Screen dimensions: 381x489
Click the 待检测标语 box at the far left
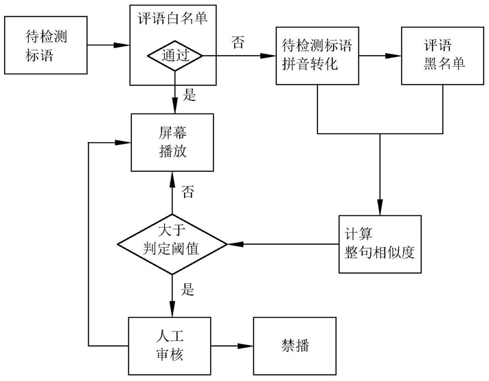[45, 46]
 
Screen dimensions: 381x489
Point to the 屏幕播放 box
[172, 142]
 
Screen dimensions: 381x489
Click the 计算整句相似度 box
[378, 244]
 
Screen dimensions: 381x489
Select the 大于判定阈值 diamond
[172, 244]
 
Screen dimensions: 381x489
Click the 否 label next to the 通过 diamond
[238, 43]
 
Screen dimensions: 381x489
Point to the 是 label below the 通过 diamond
[190, 95]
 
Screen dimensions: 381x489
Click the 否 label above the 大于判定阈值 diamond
[187, 193]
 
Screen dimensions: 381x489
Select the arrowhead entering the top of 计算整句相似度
[378, 209]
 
